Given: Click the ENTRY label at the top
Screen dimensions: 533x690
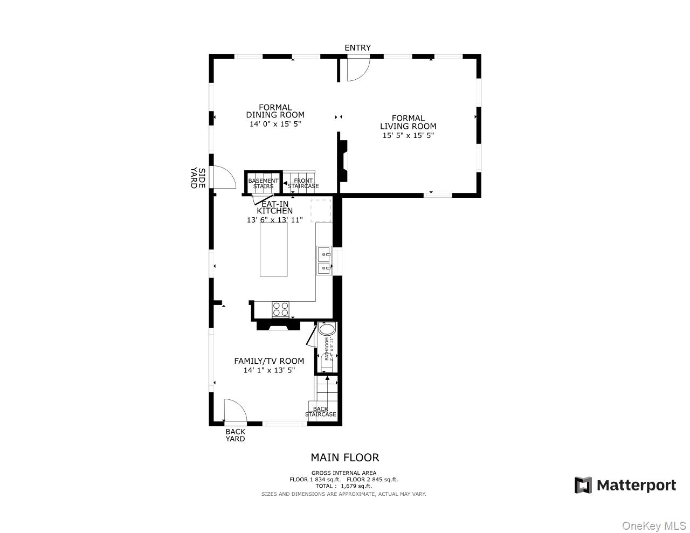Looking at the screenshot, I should [357, 48].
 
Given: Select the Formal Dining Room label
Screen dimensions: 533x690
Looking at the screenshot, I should [275, 111].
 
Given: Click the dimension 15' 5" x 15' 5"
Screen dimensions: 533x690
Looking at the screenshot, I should [408, 135].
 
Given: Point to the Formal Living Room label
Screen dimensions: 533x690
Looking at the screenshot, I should [408, 122].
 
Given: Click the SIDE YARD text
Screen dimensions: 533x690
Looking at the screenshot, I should [198, 178].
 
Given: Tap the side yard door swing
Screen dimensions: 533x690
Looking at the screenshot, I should [223, 177].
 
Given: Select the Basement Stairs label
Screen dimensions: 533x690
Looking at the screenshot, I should [263, 184].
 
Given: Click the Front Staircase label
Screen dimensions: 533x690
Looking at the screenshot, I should [303, 184].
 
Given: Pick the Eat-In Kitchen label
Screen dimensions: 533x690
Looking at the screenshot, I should [274, 207].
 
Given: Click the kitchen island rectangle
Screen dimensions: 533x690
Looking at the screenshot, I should [273, 249].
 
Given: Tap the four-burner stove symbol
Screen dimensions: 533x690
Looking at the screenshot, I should [280, 309].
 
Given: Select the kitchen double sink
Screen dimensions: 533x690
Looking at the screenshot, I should [324, 261].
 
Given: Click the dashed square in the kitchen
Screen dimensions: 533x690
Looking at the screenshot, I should [320, 211].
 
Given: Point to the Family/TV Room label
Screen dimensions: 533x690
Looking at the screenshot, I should [268, 361].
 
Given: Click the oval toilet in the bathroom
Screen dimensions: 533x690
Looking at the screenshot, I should [327, 329].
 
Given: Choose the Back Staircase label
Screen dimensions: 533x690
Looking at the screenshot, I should [321, 412].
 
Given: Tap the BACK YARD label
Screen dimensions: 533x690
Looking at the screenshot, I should [235, 435].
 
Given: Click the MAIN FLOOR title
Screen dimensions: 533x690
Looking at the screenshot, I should [344, 458].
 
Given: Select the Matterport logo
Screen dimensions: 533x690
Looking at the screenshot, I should [625, 485].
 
